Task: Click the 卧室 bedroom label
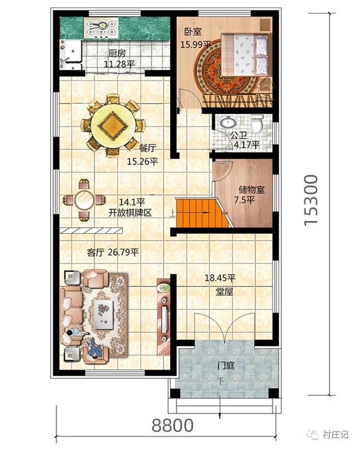point(193,31)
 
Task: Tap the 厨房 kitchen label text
point(117,53)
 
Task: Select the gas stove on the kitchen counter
point(100,28)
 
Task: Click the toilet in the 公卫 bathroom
point(256,123)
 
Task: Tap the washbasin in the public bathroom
point(228,122)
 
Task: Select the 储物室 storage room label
point(252,189)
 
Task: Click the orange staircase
point(203,213)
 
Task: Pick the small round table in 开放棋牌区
point(84,200)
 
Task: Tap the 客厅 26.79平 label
point(113,252)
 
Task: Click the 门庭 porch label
point(226,366)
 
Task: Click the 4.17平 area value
point(247,145)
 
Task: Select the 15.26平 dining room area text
point(143,162)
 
